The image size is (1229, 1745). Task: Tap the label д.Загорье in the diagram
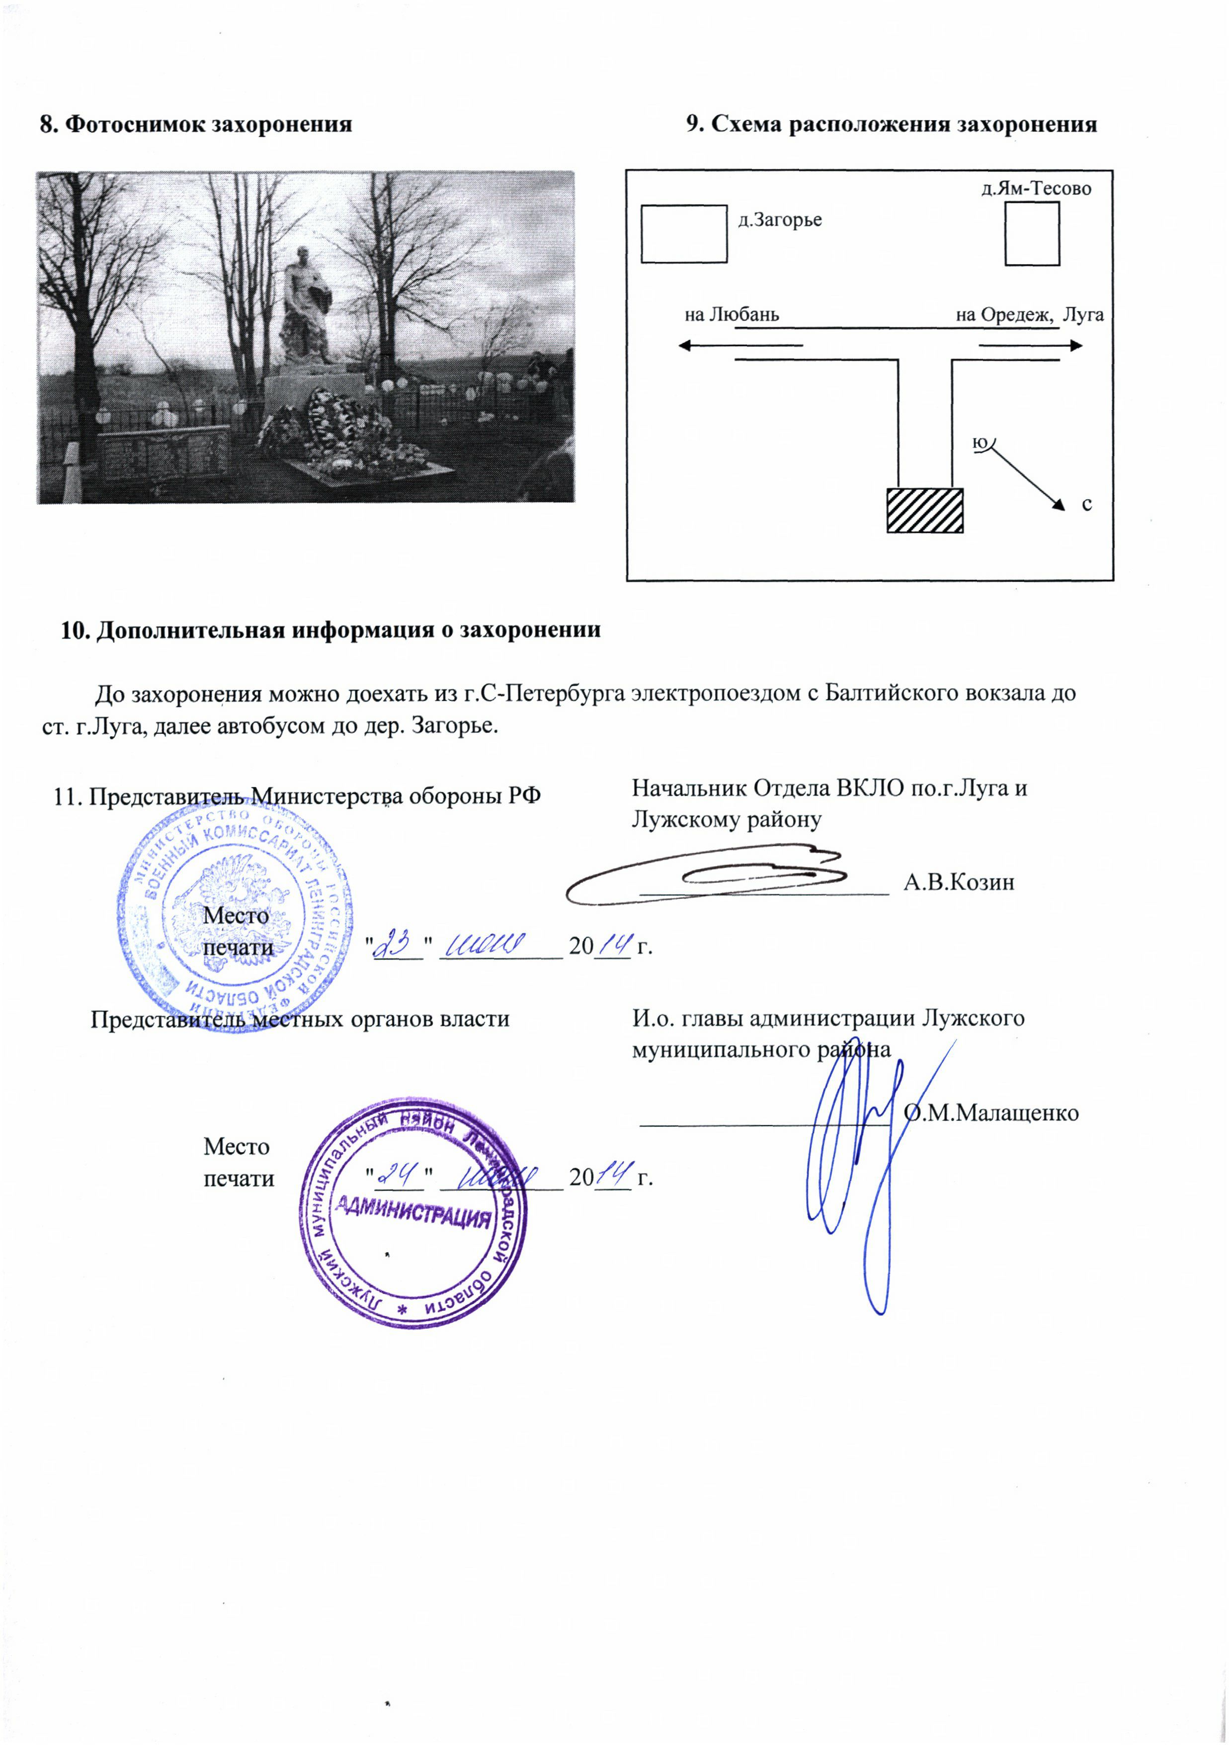pos(780,221)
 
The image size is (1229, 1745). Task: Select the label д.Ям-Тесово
pos(1036,188)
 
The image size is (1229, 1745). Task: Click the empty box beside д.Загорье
pos(684,234)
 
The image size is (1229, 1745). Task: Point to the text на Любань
pos(732,315)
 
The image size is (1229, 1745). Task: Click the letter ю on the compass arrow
pos(981,442)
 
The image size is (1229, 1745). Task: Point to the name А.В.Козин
pos(959,882)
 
